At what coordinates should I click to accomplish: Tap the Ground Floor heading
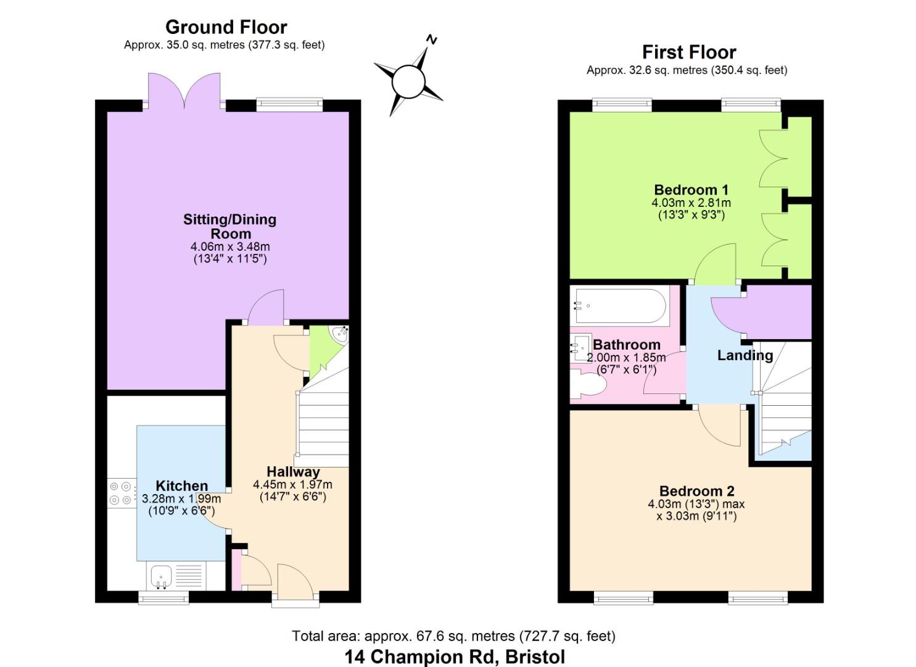(226, 27)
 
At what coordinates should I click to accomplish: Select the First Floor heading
(688, 52)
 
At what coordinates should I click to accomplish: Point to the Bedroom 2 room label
(696, 491)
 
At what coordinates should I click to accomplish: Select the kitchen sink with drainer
(161, 576)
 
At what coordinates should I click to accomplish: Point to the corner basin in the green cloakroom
(340, 335)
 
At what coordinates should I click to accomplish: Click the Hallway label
(293, 472)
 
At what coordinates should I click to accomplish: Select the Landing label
(745, 355)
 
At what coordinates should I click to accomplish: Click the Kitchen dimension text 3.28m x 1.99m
(181, 499)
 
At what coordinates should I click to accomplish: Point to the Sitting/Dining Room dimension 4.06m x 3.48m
(229, 246)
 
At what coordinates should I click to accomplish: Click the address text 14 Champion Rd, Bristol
(455, 657)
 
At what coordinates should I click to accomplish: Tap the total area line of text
(453, 636)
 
